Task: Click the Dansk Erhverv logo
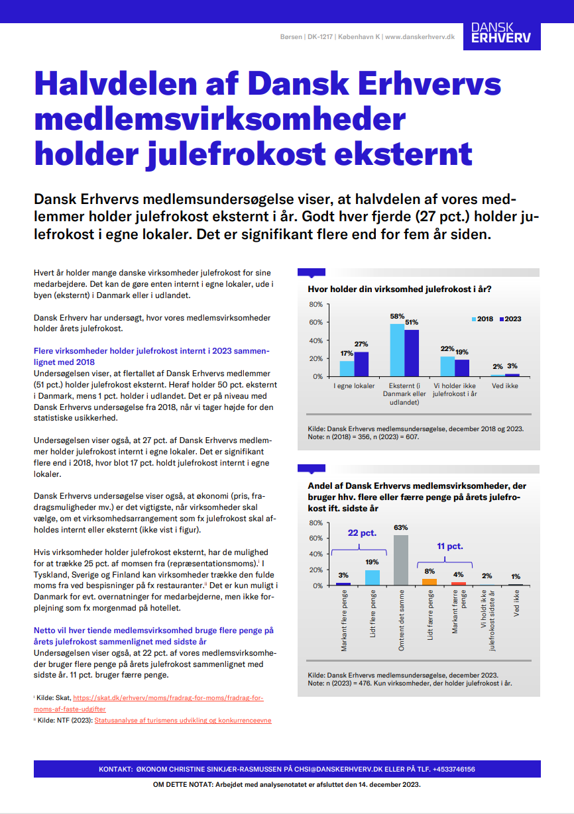click(x=501, y=33)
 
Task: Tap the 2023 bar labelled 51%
click(x=412, y=353)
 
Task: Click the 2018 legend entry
click(x=482, y=319)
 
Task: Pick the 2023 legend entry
click(x=508, y=319)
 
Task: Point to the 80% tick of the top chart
click(x=316, y=305)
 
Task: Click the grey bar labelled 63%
click(x=400, y=560)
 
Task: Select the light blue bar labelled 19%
click(x=373, y=578)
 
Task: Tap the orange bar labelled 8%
click(x=430, y=582)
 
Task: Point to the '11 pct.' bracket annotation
click(x=449, y=546)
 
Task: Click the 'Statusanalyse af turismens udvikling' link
click(x=183, y=720)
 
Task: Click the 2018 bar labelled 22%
click(x=447, y=366)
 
